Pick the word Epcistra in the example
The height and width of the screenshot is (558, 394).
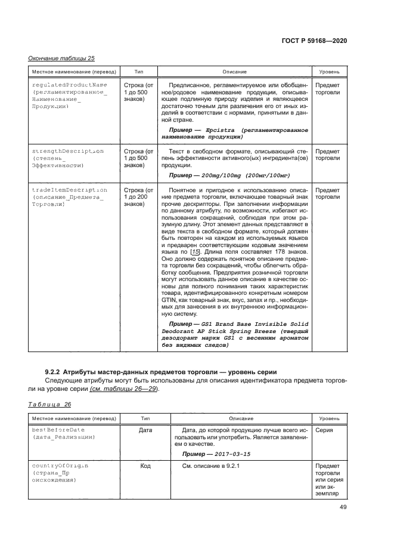(220, 130)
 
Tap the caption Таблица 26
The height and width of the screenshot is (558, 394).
(49, 404)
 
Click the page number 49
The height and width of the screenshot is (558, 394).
(343, 507)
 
